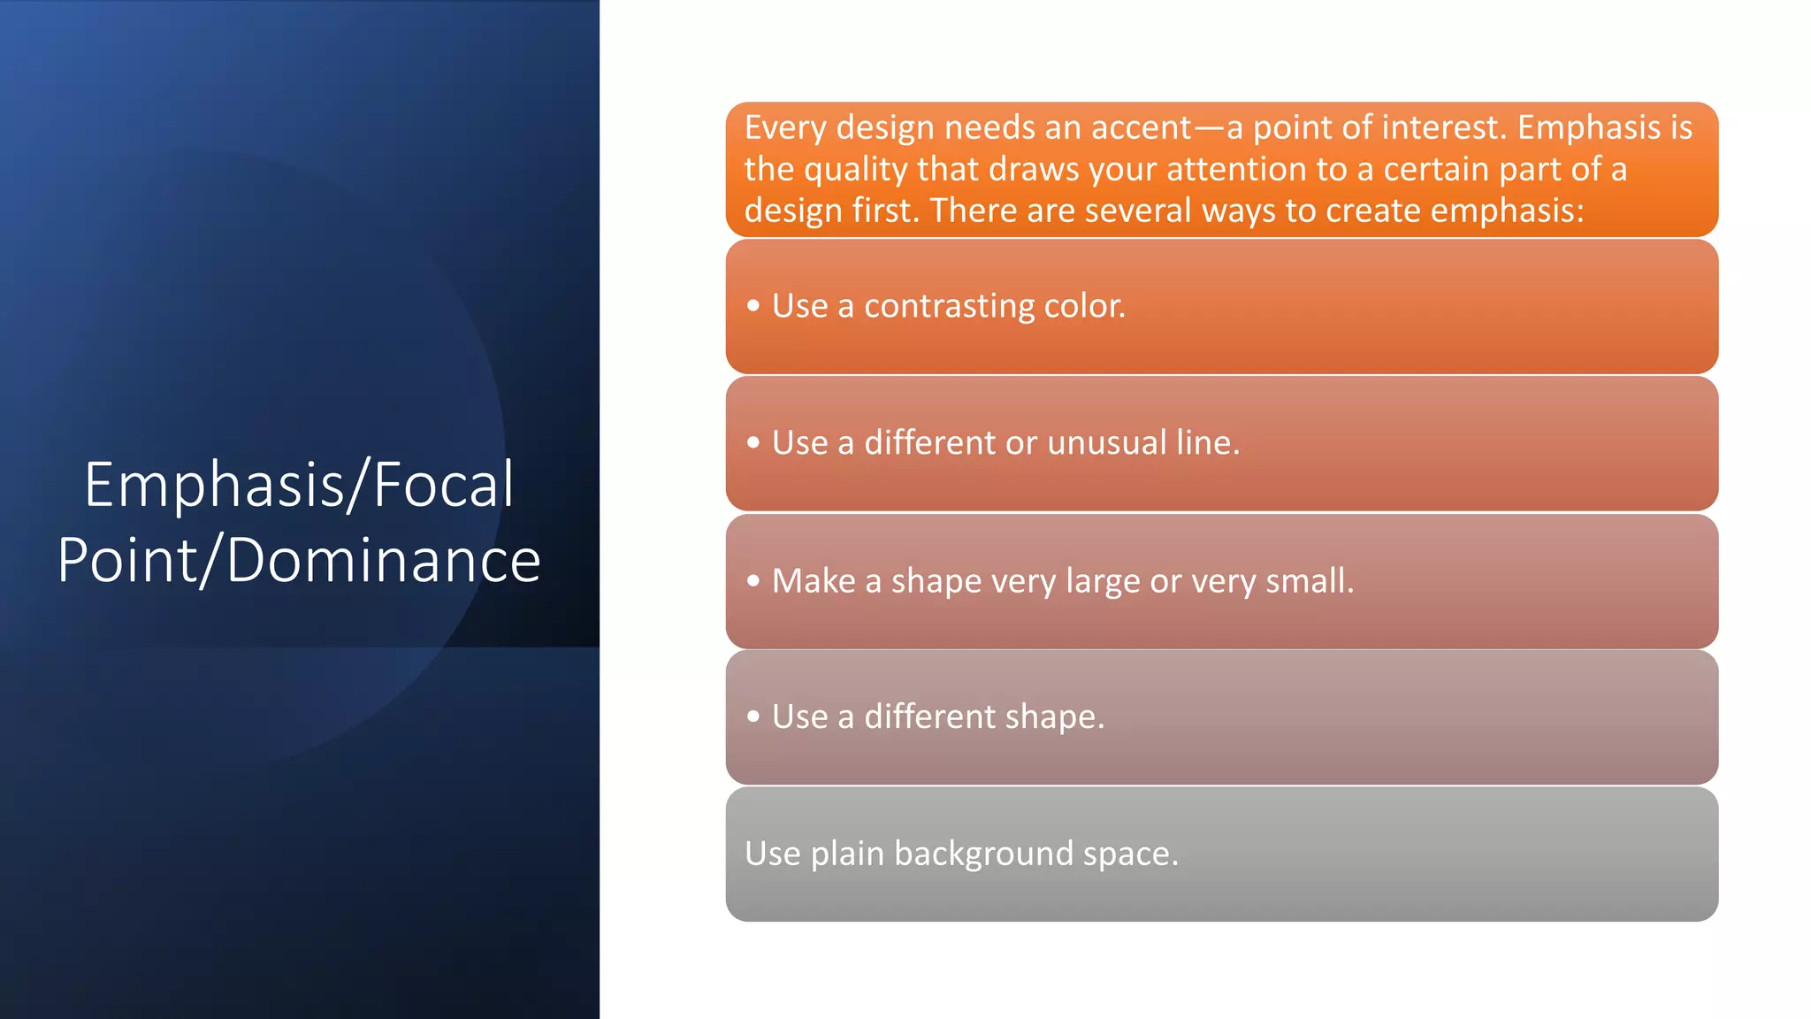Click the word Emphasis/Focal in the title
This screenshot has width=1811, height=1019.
(299, 485)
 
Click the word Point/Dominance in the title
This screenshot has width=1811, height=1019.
(299, 561)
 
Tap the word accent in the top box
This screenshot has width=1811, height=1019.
(1141, 128)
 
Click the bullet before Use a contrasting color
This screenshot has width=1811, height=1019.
(753, 306)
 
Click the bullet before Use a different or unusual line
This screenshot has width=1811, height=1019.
(753, 442)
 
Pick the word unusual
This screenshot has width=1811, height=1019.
(1106, 442)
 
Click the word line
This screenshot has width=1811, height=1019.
(1207, 442)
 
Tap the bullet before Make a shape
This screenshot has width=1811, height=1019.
(753, 581)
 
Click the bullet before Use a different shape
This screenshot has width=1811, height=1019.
(753, 716)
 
